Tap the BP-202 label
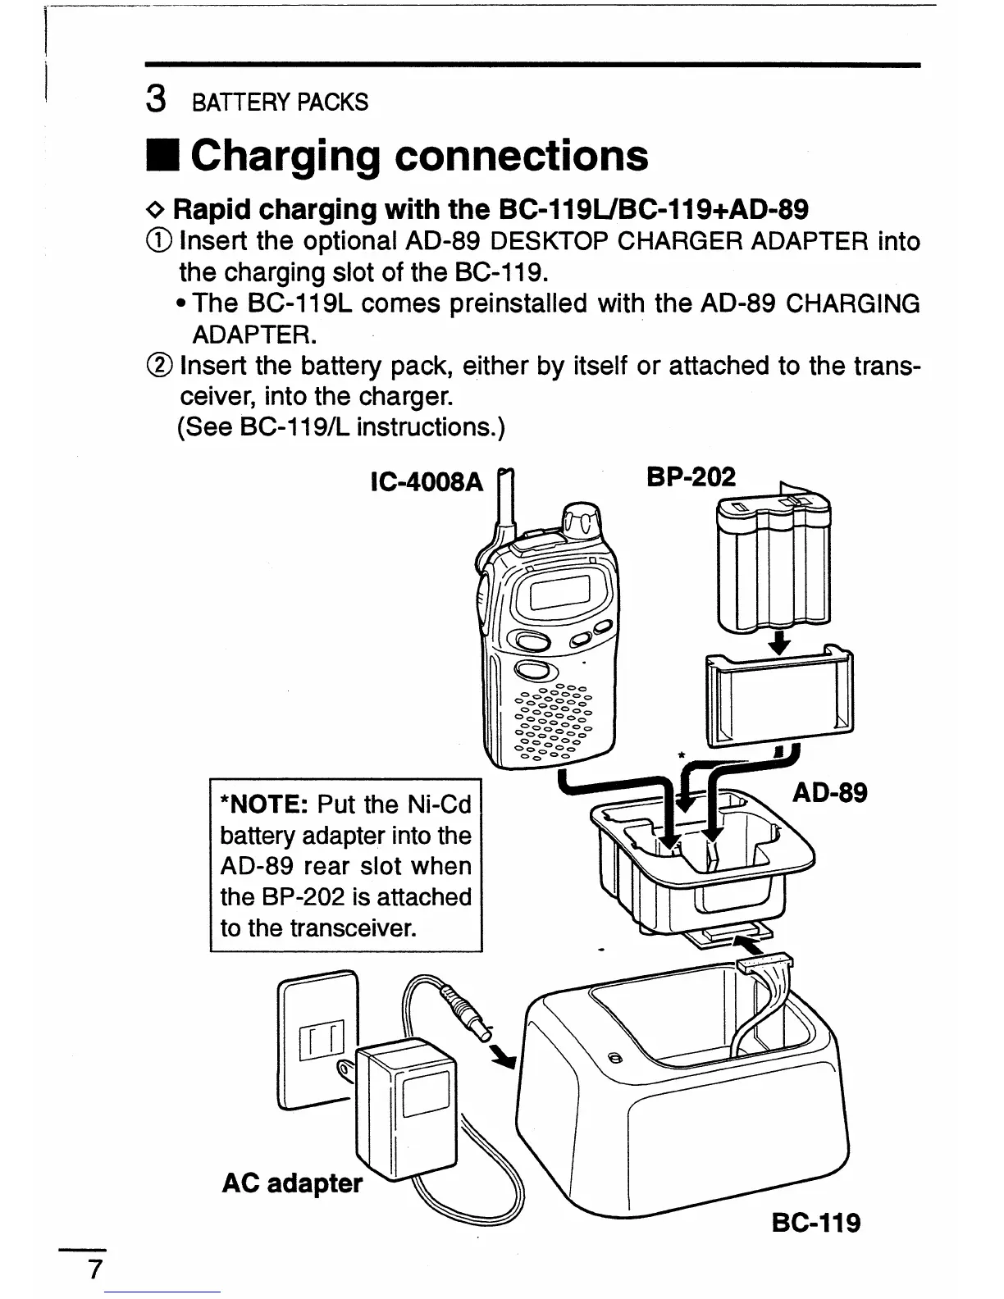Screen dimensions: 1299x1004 pyautogui.click(x=691, y=476)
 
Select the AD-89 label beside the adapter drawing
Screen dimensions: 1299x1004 pyautogui.click(x=829, y=793)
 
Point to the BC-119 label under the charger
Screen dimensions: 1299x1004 pyautogui.click(x=816, y=1223)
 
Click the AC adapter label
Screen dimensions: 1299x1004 pyautogui.click(x=292, y=1183)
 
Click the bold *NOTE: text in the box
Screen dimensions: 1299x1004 pyautogui.click(x=264, y=804)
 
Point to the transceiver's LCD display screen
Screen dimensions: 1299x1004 pyautogui.click(x=561, y=591)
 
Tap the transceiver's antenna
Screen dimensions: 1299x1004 pyautogui.click(x=504, y=500)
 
